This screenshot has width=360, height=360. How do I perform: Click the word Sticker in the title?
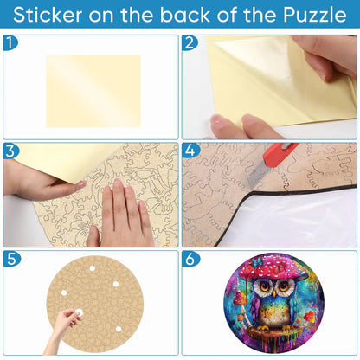pos(48,15)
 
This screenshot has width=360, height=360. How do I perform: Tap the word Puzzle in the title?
pos(315,15)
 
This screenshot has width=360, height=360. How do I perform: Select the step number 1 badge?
pos(10,43)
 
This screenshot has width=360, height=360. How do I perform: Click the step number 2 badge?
pos(190,43)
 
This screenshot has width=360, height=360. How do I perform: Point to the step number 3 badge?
pos(10,151)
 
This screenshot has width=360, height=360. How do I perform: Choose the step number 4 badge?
pos(190,151)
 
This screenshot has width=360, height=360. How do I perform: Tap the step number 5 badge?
pos(11,259)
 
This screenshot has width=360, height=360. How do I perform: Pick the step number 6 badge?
pos(190,259)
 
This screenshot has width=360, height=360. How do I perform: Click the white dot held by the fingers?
pos(79,312)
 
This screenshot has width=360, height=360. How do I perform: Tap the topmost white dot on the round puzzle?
pos(93,268)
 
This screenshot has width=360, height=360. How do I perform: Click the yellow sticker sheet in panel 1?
pos(93,92)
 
